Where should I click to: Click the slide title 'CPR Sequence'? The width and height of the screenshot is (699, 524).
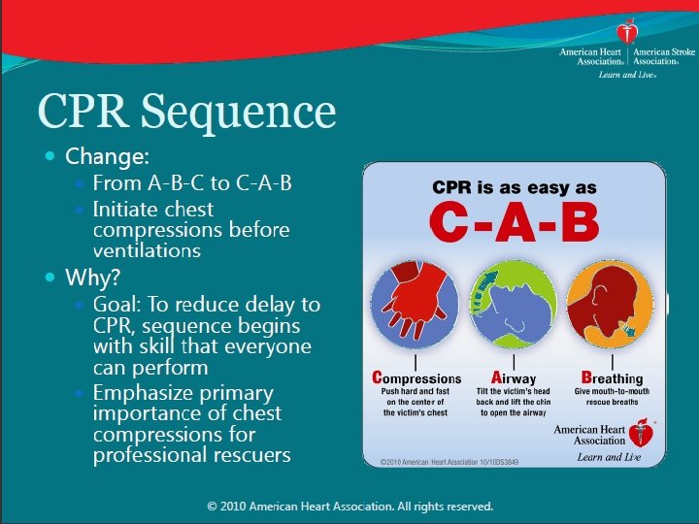186,113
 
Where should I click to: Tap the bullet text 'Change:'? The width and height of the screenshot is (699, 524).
107,156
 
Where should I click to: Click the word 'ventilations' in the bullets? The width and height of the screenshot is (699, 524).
147,250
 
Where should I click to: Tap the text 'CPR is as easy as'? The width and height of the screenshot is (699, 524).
515,187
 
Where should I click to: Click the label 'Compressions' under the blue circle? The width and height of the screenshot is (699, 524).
417,378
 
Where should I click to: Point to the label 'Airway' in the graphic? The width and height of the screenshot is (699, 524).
514,378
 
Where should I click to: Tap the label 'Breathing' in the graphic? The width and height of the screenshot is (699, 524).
612,378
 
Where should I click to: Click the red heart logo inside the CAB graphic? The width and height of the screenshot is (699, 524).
640,433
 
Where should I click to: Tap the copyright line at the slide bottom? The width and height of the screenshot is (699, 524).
350,507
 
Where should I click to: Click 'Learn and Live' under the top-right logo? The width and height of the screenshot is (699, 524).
627,75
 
